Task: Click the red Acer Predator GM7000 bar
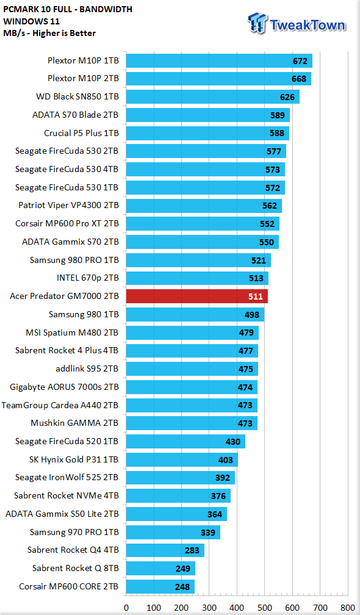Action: click(x=197, y=296)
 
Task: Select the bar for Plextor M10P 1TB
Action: click(x=219, y=61)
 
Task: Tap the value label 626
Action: click(x=288, y=97)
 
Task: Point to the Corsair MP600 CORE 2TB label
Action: click(x=68, y=587)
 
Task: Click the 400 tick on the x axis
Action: click(x=237, y=608)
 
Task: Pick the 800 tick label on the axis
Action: click(x=347, y=608)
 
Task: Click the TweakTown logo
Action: click(x=297, y=23)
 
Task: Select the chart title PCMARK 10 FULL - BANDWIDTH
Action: click(x=68, y=9)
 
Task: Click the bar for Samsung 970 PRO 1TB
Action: click(x=173, y=532)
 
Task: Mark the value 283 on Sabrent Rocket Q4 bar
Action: click(x=192, y=550)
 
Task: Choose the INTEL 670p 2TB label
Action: click(x=87, y=278)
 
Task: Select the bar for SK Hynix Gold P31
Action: click(x=182, y=460)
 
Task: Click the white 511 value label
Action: click(x=256, y=297)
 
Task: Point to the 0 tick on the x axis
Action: click(x=126, y=608)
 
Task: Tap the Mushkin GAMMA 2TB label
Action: click(x=74, y=423)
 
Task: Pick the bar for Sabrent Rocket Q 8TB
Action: click(x=161, y=569)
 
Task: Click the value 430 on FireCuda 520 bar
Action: click(x=233, y=442)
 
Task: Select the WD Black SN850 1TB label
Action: click(x=77, y=96)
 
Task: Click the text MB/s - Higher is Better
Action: click(x=49, y=34)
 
